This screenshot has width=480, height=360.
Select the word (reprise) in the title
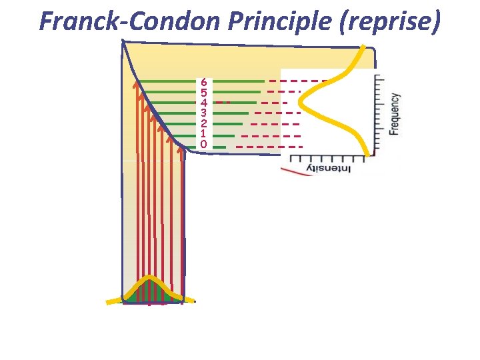(390, 21)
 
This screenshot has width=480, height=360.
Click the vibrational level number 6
(203, 82)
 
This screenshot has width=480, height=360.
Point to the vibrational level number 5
(203, 93)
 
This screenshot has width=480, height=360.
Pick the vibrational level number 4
(203, 103)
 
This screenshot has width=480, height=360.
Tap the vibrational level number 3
(203, 113)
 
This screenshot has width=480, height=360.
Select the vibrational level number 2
(203, 123)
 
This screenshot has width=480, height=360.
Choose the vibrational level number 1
(203, 134)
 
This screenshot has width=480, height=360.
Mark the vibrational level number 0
(203, 144)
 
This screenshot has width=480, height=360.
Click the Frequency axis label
(395, 114)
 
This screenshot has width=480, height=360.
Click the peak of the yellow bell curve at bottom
(151, 277)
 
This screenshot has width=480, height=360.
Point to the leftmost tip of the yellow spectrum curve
(300, 103)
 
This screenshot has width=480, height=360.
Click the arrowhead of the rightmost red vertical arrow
(182, 149)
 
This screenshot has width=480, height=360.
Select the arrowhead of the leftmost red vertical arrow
(136, 85)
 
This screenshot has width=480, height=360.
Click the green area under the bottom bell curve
(151, 293)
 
